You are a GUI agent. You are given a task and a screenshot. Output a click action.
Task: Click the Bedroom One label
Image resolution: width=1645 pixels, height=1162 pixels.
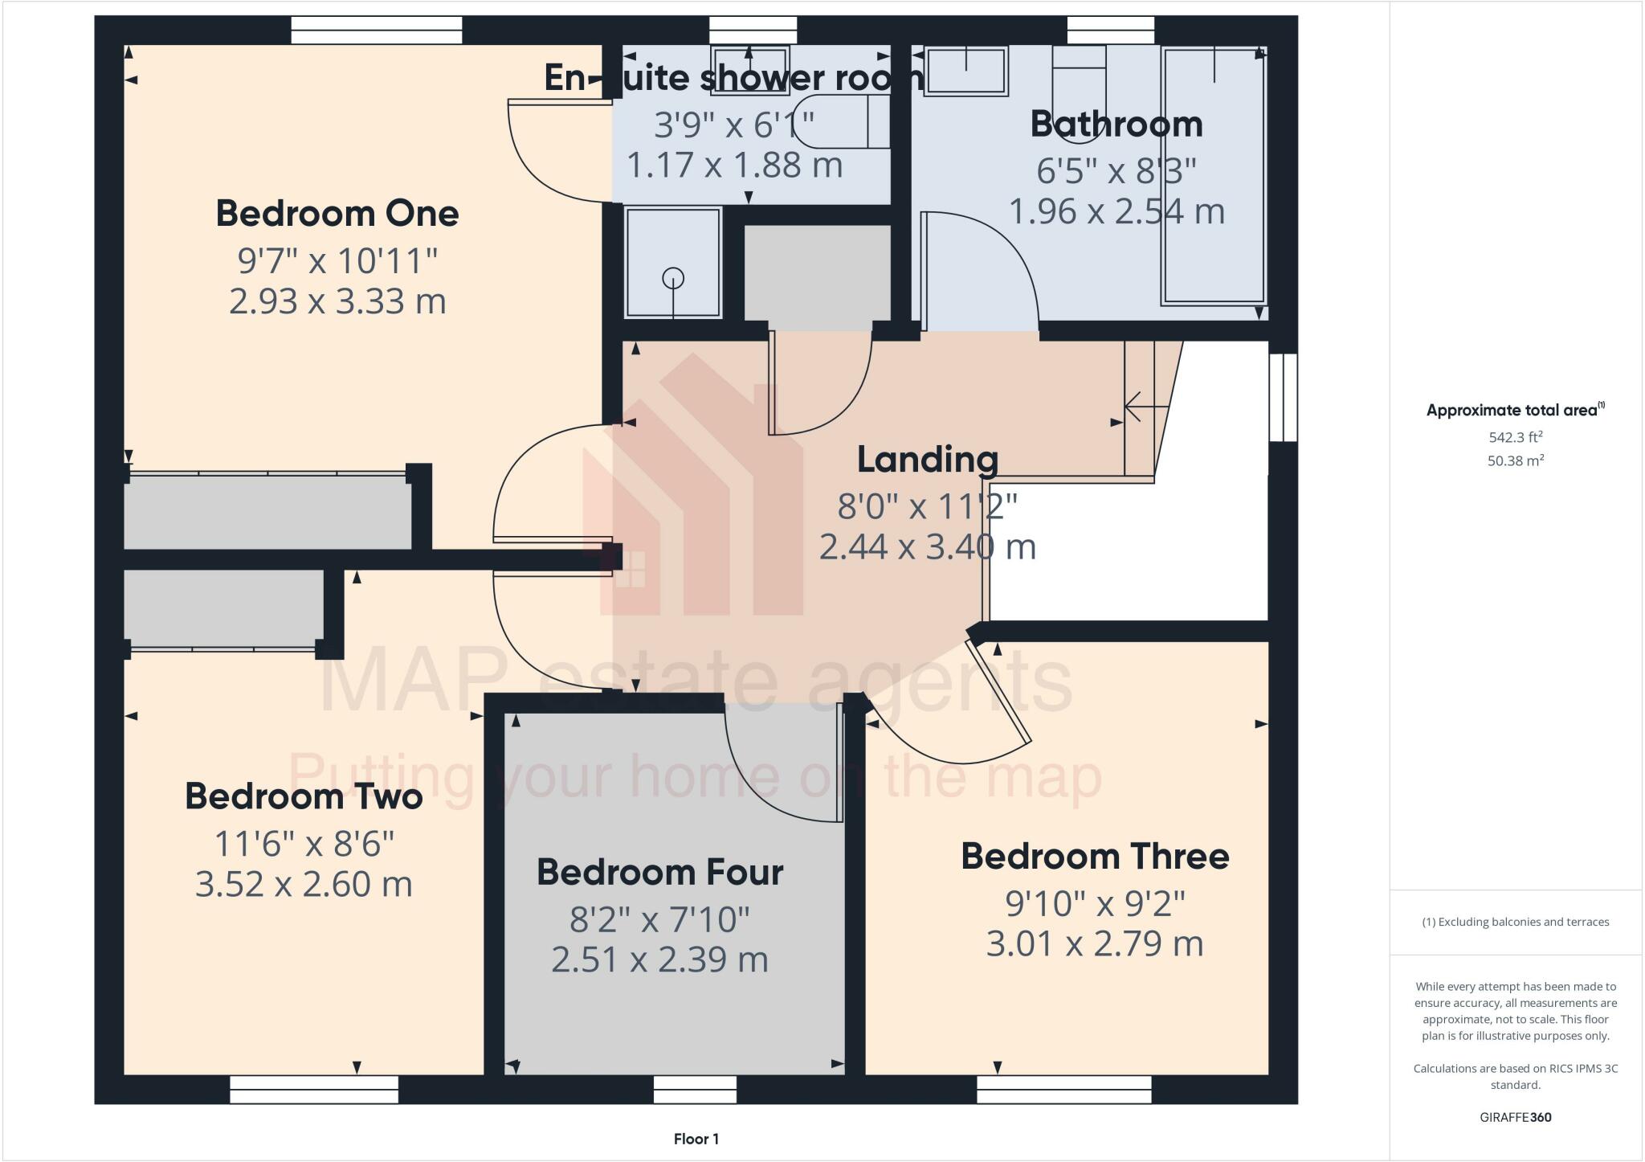337,214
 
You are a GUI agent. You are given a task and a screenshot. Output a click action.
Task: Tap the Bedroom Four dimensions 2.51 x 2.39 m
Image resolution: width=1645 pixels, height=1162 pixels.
659,959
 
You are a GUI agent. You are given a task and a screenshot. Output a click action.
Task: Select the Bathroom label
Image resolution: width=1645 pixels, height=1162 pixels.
1116,125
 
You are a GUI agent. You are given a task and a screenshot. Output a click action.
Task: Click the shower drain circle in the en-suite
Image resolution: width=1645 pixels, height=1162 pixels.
673,279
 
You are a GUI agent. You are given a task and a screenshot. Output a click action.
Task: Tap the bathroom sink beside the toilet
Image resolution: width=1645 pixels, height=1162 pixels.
965,71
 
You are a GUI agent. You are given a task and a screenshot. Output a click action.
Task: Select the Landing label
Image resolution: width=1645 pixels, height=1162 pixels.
928,460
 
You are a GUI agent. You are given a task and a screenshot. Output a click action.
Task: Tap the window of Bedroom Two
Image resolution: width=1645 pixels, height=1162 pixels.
314,1090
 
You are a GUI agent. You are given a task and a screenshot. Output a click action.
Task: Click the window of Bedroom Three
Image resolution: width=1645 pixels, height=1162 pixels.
1063,1090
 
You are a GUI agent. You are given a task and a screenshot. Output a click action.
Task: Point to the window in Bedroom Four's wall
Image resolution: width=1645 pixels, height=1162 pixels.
695,1090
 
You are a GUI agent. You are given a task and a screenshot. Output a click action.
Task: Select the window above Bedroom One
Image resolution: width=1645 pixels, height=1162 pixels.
376,31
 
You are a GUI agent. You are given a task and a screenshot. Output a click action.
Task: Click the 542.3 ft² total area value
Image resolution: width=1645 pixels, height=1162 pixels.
1515,437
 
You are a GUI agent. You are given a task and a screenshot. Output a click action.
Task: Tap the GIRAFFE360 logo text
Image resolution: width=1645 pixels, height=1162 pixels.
1515,1117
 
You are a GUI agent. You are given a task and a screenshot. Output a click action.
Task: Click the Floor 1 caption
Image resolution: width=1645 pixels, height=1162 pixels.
696,1139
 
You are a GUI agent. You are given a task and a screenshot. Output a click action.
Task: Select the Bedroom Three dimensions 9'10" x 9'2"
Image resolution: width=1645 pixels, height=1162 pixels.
1095,904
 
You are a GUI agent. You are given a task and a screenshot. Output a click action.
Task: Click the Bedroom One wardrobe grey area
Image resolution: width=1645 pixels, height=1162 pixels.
267,513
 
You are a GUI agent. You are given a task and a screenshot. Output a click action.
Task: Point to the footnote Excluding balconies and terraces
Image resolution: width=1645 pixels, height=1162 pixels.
1515,922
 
